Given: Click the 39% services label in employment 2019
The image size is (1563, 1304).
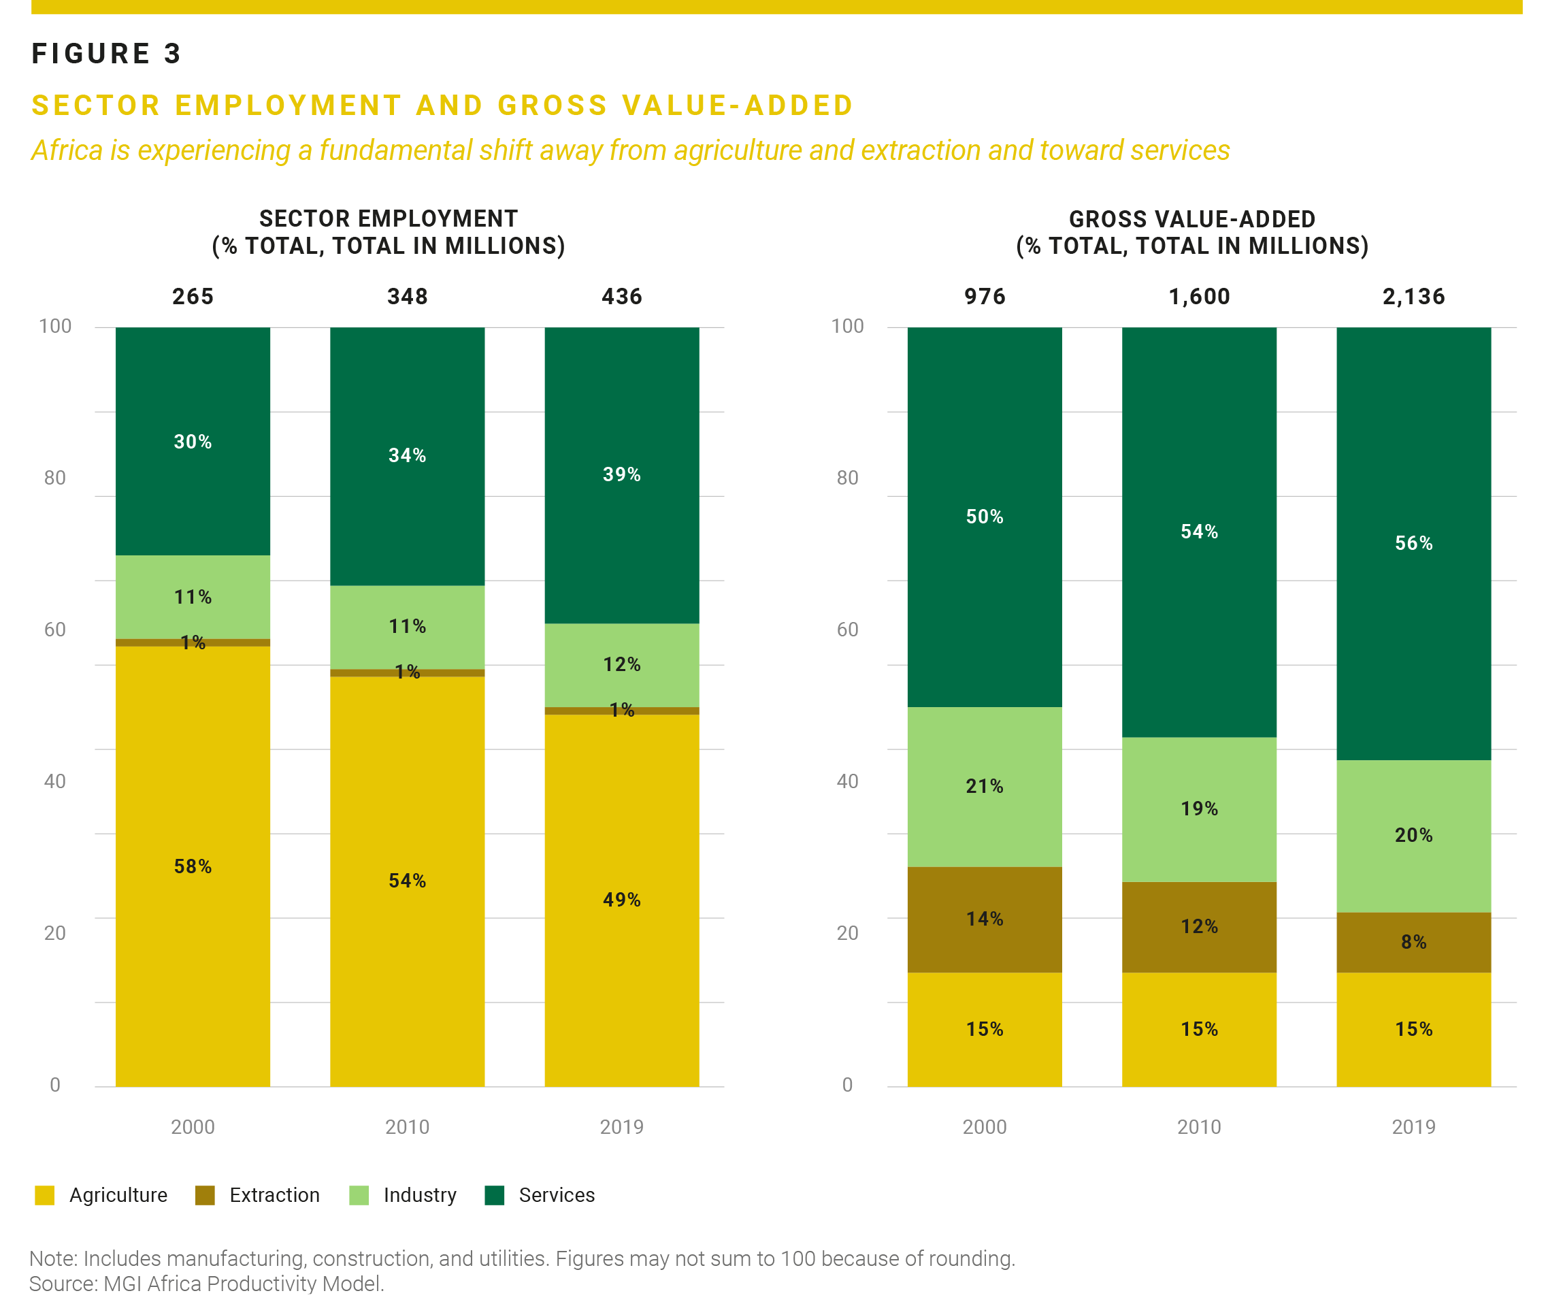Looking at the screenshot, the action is [x=621, y=475].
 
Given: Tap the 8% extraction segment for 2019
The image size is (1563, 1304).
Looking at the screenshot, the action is [x=1413, y=943].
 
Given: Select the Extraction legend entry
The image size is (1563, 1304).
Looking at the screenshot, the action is [x=257, y=1195].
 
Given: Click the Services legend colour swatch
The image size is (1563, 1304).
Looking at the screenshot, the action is [x=494, y=1195].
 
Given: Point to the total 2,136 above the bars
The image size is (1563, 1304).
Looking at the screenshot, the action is [x=1413, y=297].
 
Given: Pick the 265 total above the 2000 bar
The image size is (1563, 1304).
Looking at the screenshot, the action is [x=193, y=297].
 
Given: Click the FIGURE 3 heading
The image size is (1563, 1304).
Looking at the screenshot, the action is [x=106, y=54].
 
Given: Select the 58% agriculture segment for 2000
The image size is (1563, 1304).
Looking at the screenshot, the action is [x=193, y=866].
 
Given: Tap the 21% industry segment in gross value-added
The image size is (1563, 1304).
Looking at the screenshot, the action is [x=985, y=787].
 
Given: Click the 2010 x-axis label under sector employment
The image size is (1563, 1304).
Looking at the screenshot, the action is [x=407, y=1127].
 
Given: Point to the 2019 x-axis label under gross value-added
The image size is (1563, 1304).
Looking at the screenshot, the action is [x=1413, y=1127].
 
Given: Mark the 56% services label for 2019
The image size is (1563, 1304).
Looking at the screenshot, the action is [x=1413, y=543].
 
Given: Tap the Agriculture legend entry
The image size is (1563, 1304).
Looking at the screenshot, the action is [x=101, y=1195].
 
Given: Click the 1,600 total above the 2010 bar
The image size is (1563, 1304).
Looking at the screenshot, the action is [x=1199, y=297].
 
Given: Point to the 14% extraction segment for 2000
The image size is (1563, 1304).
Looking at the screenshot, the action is [x=985, y=920].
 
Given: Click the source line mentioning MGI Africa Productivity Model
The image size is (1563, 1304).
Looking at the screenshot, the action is [x=207, y=1284].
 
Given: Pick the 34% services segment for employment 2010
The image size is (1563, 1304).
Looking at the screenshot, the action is [x=407, y=456].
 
